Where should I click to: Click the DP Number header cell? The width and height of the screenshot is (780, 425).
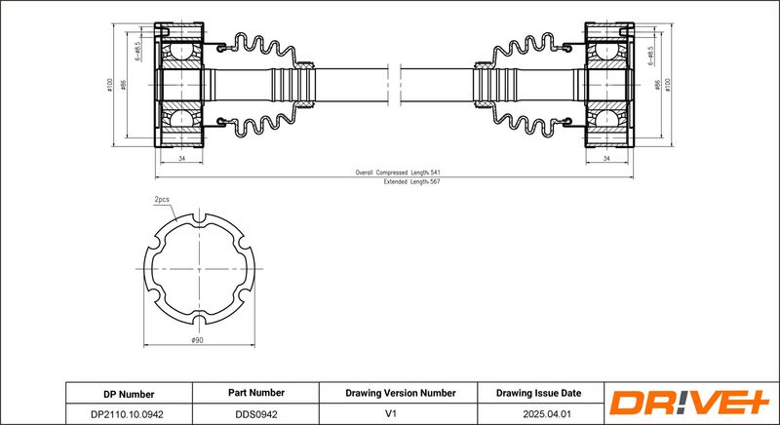coord(129,393)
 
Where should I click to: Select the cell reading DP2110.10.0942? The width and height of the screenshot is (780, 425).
coord(129,413)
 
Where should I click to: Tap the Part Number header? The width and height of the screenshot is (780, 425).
coord(256,393)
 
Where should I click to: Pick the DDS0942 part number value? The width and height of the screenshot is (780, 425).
coord(256,413)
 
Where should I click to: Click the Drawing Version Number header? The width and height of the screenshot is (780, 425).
coord(400,393)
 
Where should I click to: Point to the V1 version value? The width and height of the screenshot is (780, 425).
coord(400,413)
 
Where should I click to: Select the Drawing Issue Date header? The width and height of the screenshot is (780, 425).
coord(538,393)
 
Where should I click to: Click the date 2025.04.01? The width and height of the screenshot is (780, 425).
coord(538,413)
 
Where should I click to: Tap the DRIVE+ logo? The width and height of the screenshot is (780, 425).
coord(689,402)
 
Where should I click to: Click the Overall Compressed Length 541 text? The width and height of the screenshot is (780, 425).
coord(391,173)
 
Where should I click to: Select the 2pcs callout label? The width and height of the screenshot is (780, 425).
coord(162,199)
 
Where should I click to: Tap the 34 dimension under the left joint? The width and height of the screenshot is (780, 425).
coord(182,157)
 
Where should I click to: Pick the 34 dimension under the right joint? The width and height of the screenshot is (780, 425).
coord(606,157)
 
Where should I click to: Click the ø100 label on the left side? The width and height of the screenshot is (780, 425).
coord(110,85)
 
